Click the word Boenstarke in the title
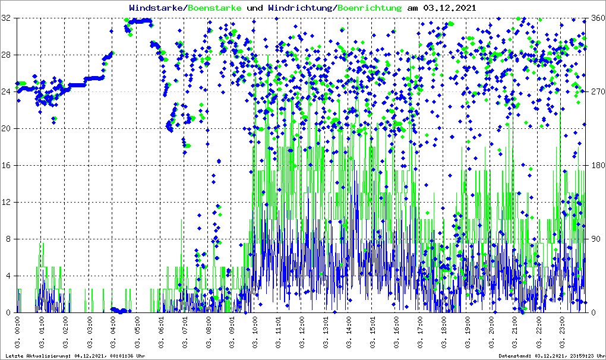pos(214,8)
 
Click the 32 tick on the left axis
pos(7,18)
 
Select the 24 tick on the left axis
pos(7,92)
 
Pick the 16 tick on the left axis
pos(7,166)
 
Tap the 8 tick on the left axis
pos(9,239)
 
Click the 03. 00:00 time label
pos(18,332)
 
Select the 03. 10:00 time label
pos(255,332)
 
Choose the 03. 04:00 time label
pos(113,332)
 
